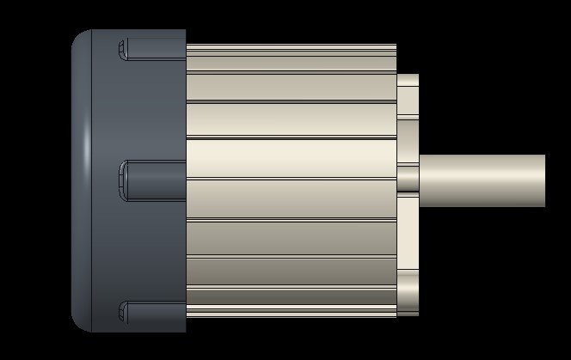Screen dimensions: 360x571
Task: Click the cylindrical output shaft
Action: pyautogui.click(x=482, y=180)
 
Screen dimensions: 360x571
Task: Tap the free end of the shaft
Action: pyautogui.click(x=543, y=180)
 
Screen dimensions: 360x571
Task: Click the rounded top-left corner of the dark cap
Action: pyautogui.click(x=79, y=39)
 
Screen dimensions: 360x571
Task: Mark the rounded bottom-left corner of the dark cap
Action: pyautogui.click(x=79, y=323)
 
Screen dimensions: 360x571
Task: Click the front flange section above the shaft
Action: pyautogui.click(x=408, y=112)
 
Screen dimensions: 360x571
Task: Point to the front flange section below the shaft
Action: pyautogui.click(x=408, y=249)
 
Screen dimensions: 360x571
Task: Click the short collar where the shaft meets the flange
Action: pyautogui.click(x=408, y=180)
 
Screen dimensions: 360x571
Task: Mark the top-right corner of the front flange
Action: pyautogui.click(x=417, y=76)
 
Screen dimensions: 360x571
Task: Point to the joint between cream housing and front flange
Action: pyautogui.click(x=396, y=129)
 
